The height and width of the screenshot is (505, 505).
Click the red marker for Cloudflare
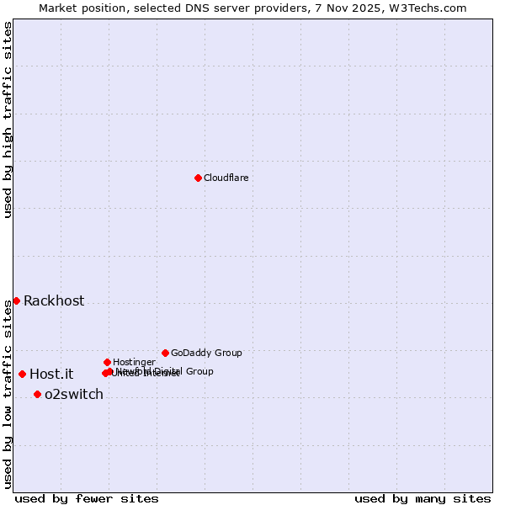(x=198, y=178)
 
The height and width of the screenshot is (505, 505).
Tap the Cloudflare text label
(x=226, y=178)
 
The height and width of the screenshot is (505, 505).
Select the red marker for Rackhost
(x=16, y=300)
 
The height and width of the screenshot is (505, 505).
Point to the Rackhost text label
(x=54, y=301)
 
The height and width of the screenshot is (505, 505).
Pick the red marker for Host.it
(x=22, y=374)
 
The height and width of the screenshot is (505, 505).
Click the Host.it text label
(x=51, y=375)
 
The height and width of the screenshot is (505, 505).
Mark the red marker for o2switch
(x=37, y=394)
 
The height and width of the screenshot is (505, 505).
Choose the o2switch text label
(x=74, y=395)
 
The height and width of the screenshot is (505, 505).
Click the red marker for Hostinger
(x=107, y=362)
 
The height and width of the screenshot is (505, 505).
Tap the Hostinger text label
(x=134, y=362)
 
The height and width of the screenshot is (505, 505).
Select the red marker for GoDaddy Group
(x=165, y=353)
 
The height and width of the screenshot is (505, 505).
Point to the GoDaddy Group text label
(x=206, y=353)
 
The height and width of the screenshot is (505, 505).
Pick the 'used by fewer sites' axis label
(x=87, y=498)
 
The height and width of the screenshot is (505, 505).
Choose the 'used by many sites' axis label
(x=423, y=498)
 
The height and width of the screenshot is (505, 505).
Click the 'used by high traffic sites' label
(x=8, y=120)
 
